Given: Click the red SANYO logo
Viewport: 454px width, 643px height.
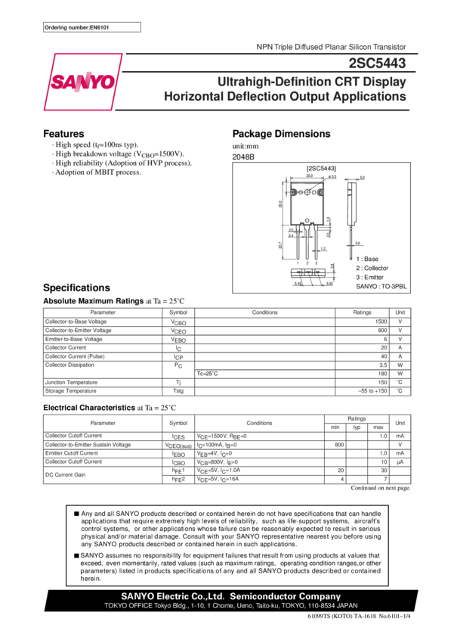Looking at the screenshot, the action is click(x=83, y=81).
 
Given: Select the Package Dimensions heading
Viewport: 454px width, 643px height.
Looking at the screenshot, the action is click(x=281, y=134).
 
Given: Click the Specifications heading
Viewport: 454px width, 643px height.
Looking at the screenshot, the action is click(x=77, y=288).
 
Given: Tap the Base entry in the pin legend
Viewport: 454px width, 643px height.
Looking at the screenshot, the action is click(x=367, y=259).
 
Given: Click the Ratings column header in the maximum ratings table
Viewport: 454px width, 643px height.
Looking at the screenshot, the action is click(x=363, y=312).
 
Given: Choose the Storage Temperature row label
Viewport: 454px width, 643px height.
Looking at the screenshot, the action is click(x=71, y=391).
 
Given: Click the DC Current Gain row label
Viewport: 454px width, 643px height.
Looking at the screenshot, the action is click(x=63, y=474).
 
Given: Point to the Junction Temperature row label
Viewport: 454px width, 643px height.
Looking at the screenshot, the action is click(x=71, y=383).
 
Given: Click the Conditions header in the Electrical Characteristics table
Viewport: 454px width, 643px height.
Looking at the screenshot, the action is click(x=259, y=424).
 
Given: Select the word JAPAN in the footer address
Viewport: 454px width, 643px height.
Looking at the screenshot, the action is click(x=345, y=606).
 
